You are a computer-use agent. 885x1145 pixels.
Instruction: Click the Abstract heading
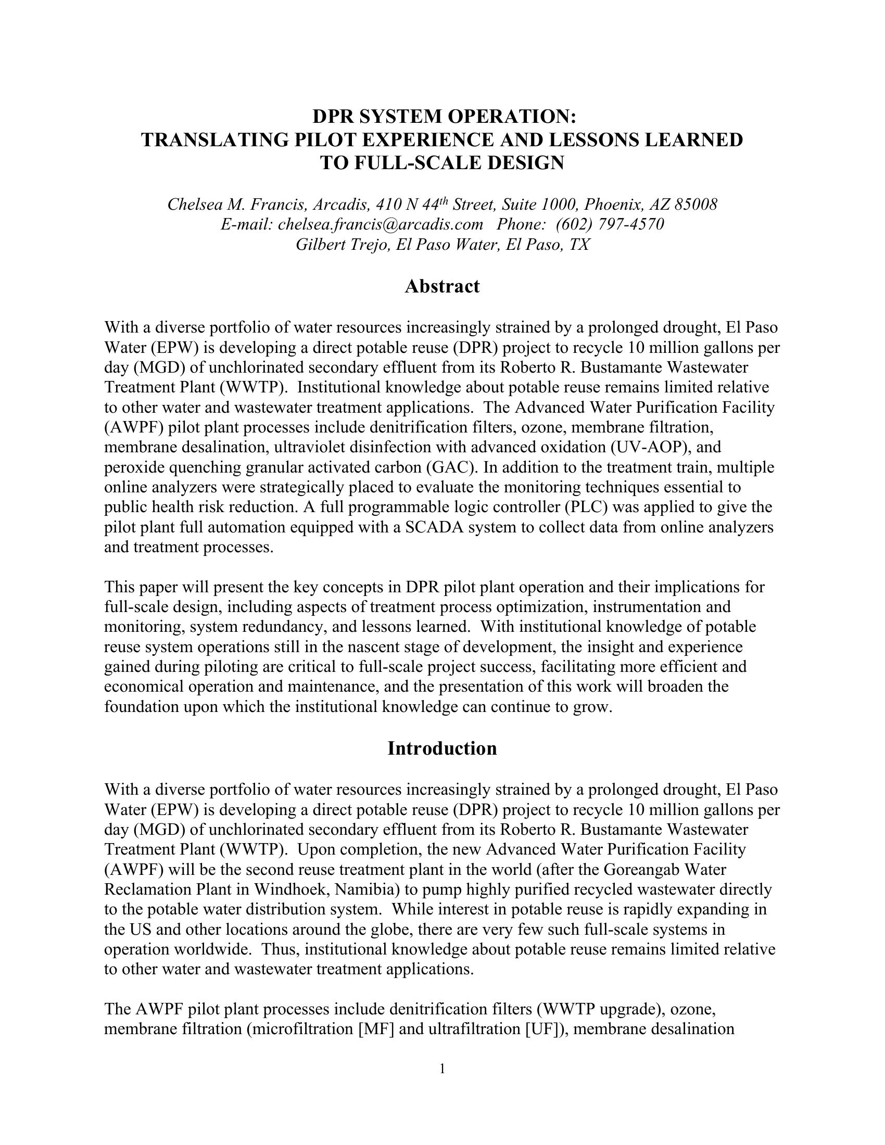pyautogui.click(x=442, y=286)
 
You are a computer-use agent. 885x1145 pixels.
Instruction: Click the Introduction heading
pyautogui.click(x=442, y=748)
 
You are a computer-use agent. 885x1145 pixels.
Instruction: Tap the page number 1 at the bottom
pyautogui.click(x=442, y=1068)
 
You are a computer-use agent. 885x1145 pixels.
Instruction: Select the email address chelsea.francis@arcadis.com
pyautogui.click(x=380, y=224)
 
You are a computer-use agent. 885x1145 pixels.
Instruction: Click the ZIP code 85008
pyautogui.click(x=695, y=205)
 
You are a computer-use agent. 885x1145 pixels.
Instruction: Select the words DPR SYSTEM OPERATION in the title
pyautogui.click(x=442, y=117)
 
